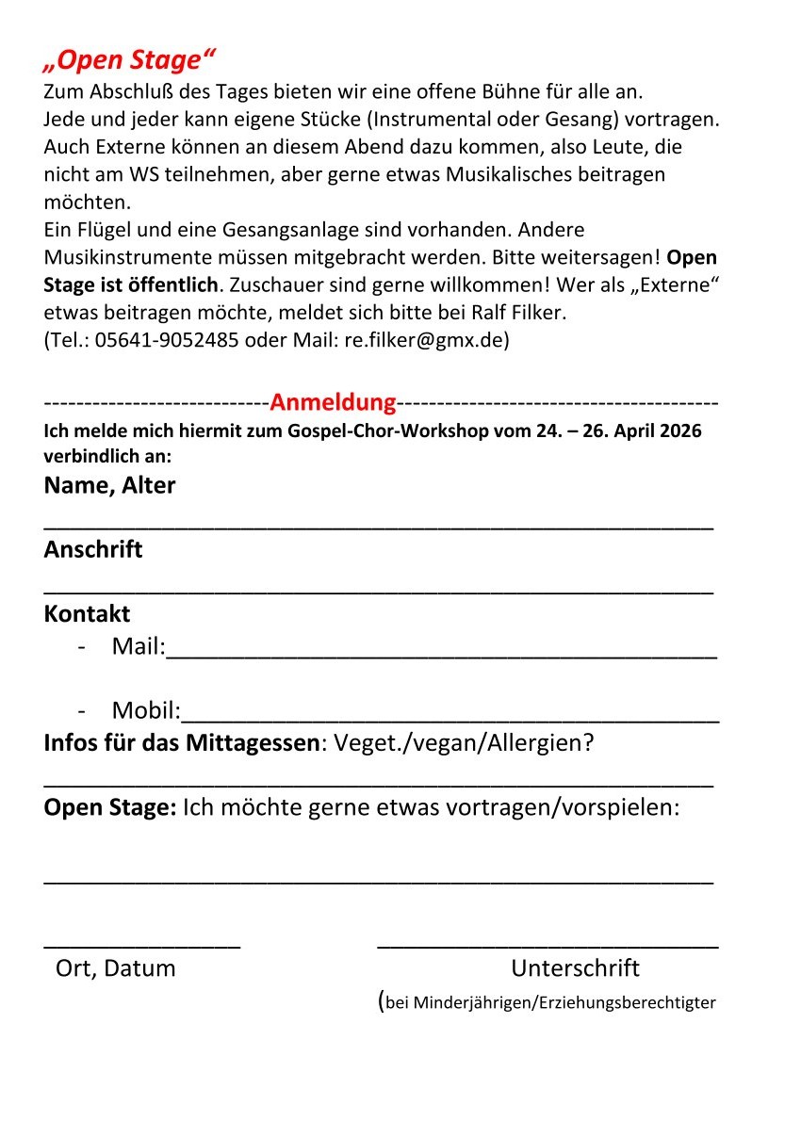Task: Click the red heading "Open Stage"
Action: [x=130, y=61]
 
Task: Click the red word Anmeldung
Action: [x=333, y=403]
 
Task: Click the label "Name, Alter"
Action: [x=109, y=486]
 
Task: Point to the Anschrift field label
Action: [x=93, y=550]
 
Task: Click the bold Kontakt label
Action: [x=87, y=614]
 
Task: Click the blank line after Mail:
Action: [x=441, y=654]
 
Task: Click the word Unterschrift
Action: [x=575, y=968]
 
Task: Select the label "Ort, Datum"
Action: [x=116, y=968]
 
